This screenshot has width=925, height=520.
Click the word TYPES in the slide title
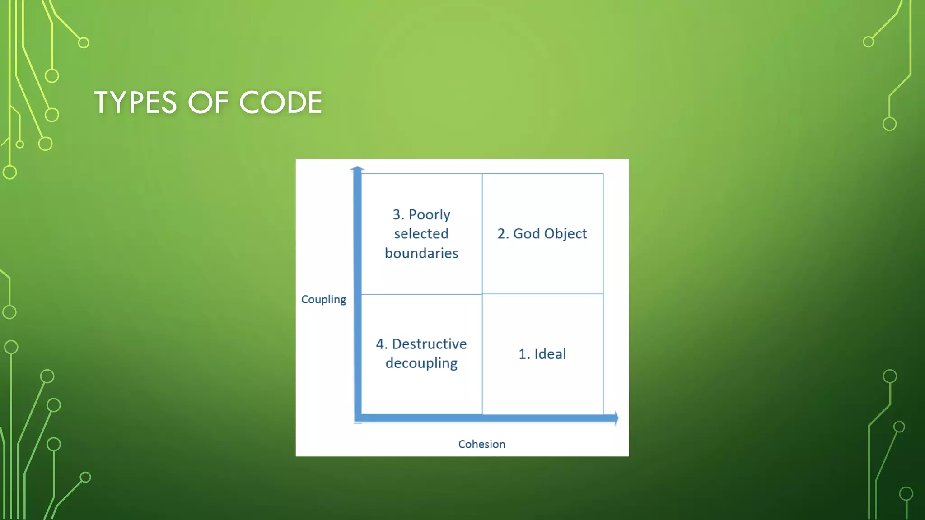coord(135,102)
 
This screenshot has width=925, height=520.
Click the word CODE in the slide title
coord(280,102)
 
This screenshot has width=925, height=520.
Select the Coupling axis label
coord(323,299)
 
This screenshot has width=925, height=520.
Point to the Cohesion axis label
coord(481,444)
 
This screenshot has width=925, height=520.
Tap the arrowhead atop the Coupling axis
coord(357,169)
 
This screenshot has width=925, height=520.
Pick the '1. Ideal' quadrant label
coord(542,354)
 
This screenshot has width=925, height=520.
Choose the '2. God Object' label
coord(542,233)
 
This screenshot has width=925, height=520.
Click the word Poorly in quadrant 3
coord(429,214)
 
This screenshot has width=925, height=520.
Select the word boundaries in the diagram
coord(421,253)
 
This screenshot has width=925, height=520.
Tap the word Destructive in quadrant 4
coord(429,344)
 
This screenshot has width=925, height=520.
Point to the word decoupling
coord(421,363)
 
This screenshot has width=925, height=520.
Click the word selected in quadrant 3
coord(421,234)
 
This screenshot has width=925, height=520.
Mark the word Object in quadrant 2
coord(565,233)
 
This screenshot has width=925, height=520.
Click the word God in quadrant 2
coord(526,233)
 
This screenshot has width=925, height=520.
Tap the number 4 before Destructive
coord(380,344)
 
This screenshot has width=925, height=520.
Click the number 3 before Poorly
coord(397,214)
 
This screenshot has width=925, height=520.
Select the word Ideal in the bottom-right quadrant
coord(550,354)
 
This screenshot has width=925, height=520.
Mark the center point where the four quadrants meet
coord(482,294)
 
